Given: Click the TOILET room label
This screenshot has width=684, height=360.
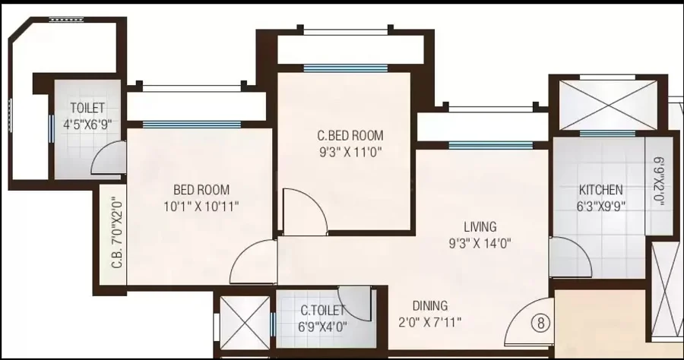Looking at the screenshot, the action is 87,108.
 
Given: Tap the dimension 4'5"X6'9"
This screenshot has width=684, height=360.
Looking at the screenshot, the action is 87,125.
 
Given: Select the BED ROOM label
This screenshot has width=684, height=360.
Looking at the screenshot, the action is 201,190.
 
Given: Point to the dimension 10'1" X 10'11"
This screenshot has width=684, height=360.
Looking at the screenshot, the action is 201,206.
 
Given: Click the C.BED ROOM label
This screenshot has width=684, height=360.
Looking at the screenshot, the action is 350,135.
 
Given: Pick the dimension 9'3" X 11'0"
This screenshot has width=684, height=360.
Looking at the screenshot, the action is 350,153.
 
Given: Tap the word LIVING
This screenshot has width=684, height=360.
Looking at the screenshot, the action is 480,226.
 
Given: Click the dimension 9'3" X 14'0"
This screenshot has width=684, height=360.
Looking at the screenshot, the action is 480,243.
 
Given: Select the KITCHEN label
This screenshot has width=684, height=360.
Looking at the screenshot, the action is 600,190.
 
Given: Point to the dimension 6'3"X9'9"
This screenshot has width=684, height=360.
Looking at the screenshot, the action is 600,206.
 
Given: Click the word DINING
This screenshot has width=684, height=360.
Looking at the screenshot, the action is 430,305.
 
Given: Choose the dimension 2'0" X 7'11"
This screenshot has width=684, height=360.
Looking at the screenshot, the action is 430,323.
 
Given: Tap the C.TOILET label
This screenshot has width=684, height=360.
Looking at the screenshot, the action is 323,311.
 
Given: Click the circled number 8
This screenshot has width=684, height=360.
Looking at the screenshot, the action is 541,324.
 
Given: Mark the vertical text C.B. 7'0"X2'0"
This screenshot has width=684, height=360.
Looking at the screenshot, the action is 116,234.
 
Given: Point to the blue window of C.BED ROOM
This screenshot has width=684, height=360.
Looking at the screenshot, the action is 346,68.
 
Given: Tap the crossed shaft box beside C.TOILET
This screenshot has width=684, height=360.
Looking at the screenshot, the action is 245,323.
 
